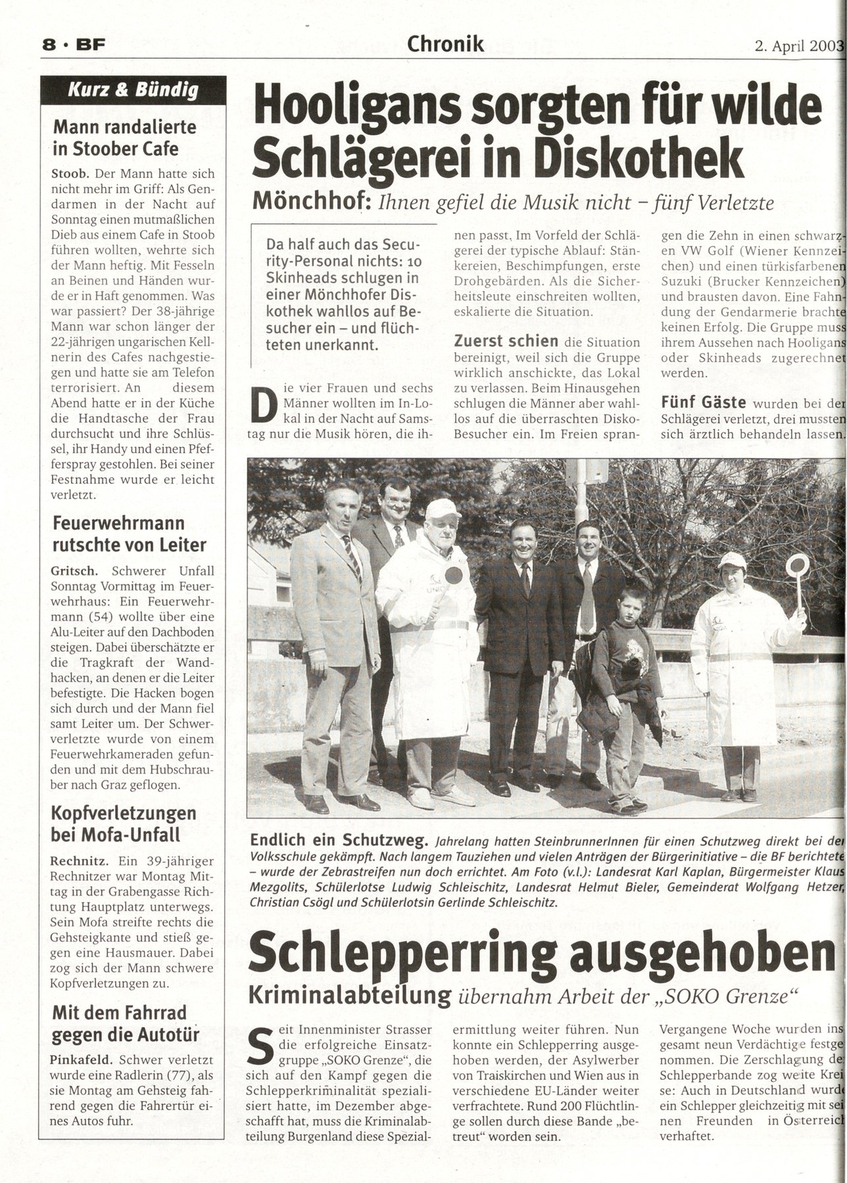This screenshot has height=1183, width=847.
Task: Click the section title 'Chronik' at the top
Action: tap(445, 43)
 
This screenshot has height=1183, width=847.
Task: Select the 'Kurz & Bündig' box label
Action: tap(133, 90)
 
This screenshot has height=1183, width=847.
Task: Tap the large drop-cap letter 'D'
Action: tap(264, 407)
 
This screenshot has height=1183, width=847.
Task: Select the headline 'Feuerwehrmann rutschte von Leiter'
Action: tap(128, 534)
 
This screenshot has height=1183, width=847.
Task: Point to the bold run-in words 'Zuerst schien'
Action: tap(506, 342)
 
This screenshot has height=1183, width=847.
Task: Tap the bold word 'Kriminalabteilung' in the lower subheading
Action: tap(349, 996)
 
